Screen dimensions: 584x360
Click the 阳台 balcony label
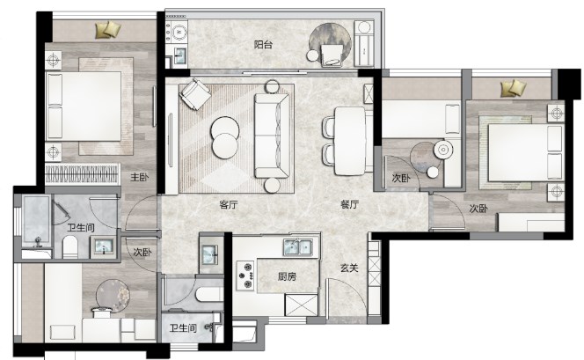(x=263, y=45)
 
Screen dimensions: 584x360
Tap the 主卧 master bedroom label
(x=139, y=177)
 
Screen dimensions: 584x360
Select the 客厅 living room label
(x=229, y=204)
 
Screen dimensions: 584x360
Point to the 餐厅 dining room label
(x=349, y=204)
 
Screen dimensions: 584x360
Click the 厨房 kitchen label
(x=287, y=276)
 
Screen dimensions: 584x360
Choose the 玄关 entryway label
(x=349, y=268)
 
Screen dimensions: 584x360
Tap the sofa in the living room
(x=272, y=136)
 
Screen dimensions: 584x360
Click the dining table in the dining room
(x=350, y=141)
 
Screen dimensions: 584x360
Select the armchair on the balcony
(x=332, y=55)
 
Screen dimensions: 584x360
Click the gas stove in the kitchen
(x=245, y=276)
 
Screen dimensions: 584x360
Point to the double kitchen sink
(x=298, y=246)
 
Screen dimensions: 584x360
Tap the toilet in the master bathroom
(x=70, y=246)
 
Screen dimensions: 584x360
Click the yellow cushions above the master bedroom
(x=108, y=30)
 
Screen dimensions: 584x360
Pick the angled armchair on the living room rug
(x=194, y=94)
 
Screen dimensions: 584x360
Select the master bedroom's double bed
(x=84, y=107)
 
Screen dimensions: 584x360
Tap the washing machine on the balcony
(x=178, y=32)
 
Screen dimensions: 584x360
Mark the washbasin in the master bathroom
(x=103, y=246)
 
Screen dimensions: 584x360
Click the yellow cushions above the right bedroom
(x=514, y=88)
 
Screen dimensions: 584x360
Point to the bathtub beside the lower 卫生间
(x=209, y=295)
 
